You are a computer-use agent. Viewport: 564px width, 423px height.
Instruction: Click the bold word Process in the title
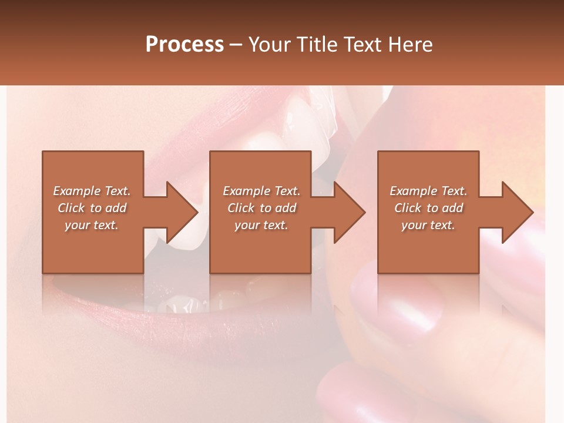coord(184,45)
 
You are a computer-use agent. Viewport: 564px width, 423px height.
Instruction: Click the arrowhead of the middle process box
coord(349,212)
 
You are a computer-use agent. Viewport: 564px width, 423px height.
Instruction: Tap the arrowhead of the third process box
coord(517,212)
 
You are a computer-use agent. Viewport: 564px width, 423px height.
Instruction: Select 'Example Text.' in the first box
coord(92,191)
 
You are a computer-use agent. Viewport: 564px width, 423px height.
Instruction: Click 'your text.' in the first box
coord(92,225)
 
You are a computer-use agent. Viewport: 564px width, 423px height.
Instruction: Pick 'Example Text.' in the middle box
coord(261,191)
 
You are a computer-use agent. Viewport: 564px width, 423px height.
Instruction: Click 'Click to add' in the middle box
coord(261,208)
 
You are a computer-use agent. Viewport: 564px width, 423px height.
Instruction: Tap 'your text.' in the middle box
coord(261,225)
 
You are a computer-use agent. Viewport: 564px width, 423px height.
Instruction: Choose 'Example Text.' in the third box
coord(428,191)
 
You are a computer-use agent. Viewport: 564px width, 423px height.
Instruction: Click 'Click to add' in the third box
coord(428,208)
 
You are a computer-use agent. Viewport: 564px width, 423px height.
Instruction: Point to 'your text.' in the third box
coord(428,225)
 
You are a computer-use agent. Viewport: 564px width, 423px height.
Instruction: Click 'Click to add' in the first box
coord(92,208)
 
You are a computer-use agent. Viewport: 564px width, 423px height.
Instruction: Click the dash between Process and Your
coord(236,45)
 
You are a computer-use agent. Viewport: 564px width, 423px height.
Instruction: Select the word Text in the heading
coord(363,45)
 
